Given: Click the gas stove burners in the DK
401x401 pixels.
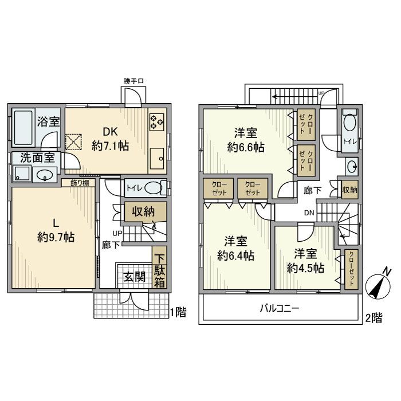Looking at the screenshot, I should tap(156, 121).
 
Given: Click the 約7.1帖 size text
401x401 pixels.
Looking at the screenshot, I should tap(111, 146).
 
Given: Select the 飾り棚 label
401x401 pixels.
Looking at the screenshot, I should tap(79, 183).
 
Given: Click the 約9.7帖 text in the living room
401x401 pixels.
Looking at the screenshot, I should tap(56, 237).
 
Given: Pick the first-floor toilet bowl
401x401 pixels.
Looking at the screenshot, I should tap(151, 188).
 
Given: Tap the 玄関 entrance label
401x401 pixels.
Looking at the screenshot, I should tap(135, 277).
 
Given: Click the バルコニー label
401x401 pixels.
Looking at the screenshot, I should tap(280, 309).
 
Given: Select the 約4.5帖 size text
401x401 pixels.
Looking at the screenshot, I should tap(305, 268).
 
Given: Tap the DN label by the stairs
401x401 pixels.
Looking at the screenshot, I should tap(309, 213).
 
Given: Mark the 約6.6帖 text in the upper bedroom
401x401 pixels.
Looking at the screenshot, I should tap(246, 147).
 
